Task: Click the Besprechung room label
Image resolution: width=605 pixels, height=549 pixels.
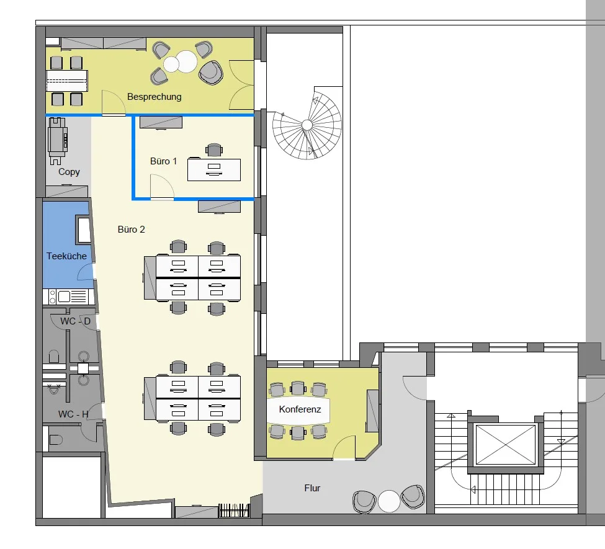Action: pos(155,97)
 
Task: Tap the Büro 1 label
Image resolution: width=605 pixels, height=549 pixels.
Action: pos(164,161)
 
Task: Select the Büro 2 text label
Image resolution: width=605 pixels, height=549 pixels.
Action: pos(131,230)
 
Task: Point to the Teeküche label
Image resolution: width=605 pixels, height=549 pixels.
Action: pos(66,256)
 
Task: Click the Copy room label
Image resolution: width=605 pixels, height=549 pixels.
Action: pos(69,172)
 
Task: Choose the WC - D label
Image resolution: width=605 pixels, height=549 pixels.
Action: pos(75,321)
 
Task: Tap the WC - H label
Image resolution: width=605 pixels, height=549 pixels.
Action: pos(73,414)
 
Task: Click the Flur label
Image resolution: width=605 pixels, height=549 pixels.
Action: pos(312,488)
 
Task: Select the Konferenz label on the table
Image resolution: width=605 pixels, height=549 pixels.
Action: pos(300,409)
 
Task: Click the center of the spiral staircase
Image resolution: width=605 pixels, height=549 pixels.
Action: pos(307,125)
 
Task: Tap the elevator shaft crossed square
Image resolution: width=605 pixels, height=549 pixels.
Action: pos(506,445)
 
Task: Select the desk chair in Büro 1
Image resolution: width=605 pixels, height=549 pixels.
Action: pos(214,150)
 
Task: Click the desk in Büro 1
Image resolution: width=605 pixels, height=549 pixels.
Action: pos(214,170)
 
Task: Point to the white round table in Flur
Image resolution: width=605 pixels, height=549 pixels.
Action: pos(389,501)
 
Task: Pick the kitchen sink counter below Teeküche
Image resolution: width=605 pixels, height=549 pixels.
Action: pos(69,297)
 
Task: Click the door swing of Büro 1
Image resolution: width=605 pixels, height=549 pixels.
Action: pos(162,187)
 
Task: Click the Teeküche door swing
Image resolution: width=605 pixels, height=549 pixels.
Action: pos(86,272)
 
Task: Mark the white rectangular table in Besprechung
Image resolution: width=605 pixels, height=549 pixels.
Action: pos(67,81)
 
